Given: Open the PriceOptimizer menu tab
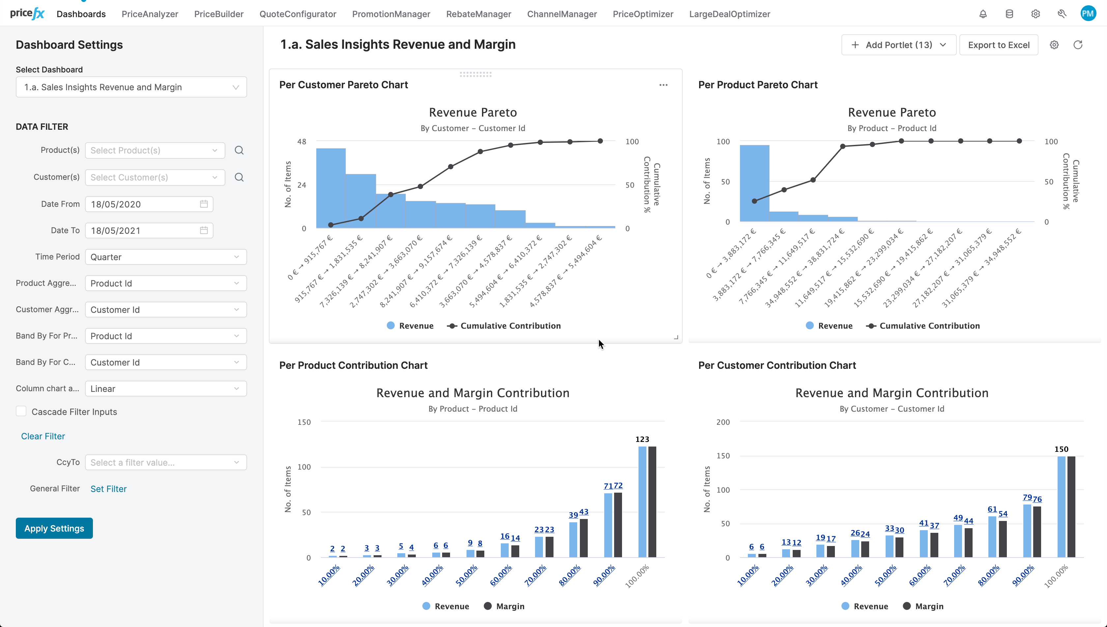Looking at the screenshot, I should click(x=643, y=14).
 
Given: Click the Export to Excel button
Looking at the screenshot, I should click(x=999, y=45).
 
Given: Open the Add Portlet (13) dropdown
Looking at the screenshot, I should click(x=898, y=45).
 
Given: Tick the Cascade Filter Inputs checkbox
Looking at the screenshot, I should click(x=21, y=411).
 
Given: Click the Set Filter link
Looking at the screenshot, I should click(x=108, y=488).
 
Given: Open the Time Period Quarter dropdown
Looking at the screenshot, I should click(x=165, y=257).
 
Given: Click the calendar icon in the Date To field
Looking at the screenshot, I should click(x=204, y=231).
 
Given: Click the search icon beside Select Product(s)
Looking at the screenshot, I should click(x=239, y=150).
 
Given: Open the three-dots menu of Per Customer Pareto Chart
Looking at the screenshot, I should click(x=663, y=85).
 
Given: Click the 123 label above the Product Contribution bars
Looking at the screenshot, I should click(x=642, y=439).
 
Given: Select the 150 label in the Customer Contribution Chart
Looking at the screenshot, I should click(x=1061, y=449).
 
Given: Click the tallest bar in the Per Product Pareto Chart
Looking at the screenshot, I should click(x=754, y=183).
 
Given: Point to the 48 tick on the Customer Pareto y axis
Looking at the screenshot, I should click(x=301, y=141).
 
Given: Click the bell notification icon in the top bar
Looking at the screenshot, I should click(x=983, y=14).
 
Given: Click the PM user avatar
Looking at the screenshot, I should click(x=1088, y=14).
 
